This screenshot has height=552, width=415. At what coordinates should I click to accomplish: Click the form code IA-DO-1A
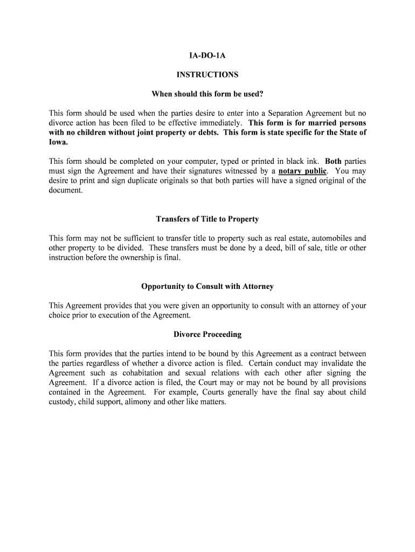(207, 55)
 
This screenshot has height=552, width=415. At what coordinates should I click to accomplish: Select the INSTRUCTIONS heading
(207, 75)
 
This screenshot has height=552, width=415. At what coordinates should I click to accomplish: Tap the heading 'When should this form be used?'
(207, 94)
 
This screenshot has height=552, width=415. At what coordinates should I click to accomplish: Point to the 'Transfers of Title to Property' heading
(207, 219)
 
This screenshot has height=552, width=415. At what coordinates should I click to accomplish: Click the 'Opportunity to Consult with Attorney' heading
(207, 286)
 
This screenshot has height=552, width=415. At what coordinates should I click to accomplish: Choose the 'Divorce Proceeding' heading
(207, 335)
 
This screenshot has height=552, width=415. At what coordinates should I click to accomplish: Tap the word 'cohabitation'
(141, 373)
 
